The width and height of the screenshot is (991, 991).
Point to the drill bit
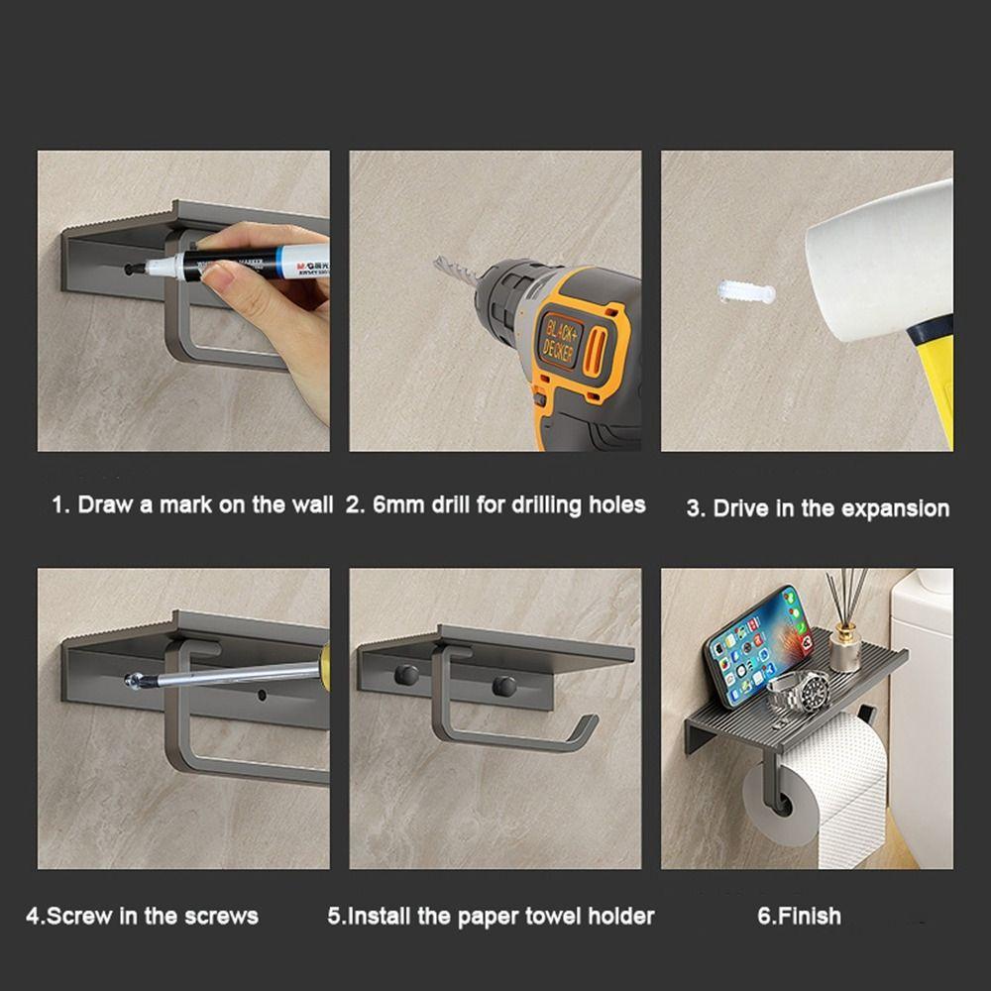pyautogui.click(x=455, y=270)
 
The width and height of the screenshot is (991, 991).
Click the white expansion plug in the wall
pyautogui.click(x=746, y=291)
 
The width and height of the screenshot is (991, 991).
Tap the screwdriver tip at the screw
pyautogui.click(x=134, y=682)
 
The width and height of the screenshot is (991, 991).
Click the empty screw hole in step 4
pyautogui.click(x=262, y=696)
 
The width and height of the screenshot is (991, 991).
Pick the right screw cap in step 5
pyautogui.click(x=504, y=686)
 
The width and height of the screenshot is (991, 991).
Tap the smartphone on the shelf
pyautogui.click(x=758, y=645)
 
